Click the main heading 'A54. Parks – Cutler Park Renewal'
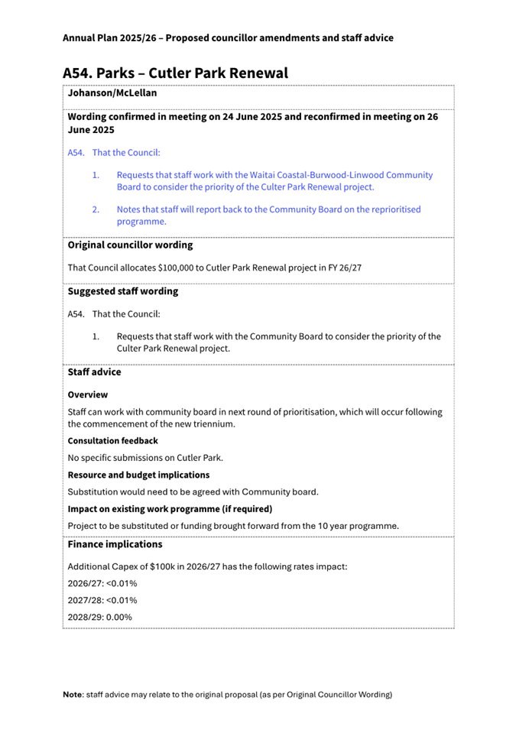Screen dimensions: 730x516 (x=175, y=73)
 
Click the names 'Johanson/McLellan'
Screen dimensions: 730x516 (x=112, y=93)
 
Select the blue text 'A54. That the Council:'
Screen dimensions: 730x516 (x=114, y=153)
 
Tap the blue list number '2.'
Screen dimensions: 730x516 (x=96, y=209)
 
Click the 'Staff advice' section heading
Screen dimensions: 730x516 (x=94, y=372)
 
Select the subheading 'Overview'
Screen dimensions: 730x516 (x=88, y=395)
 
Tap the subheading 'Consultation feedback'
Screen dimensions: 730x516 (x=113, y=441)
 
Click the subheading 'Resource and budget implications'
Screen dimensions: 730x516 (x=138, y=475)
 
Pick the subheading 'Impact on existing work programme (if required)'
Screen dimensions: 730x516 (x=170, y=508)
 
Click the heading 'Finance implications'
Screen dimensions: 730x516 (x=115, y=545)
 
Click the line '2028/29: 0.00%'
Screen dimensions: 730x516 (x=100, y=617)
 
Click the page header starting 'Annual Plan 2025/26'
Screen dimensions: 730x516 (x=228, y=37)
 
